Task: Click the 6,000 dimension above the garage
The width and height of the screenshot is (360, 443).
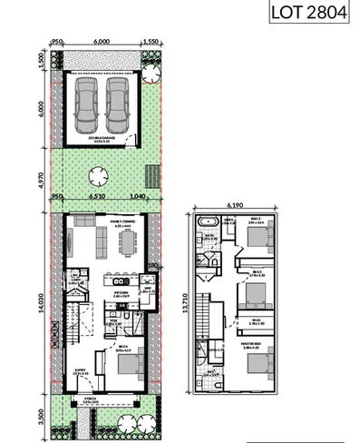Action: pyautogui.click(x=102, y=41)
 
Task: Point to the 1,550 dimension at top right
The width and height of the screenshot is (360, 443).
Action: pyautogui.click(x=151, y=41)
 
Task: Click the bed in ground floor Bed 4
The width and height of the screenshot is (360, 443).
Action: pyautogui.click(x=127, y=365)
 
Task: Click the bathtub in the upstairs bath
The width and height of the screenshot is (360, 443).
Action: pyautogui.click(x=202, y=222)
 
